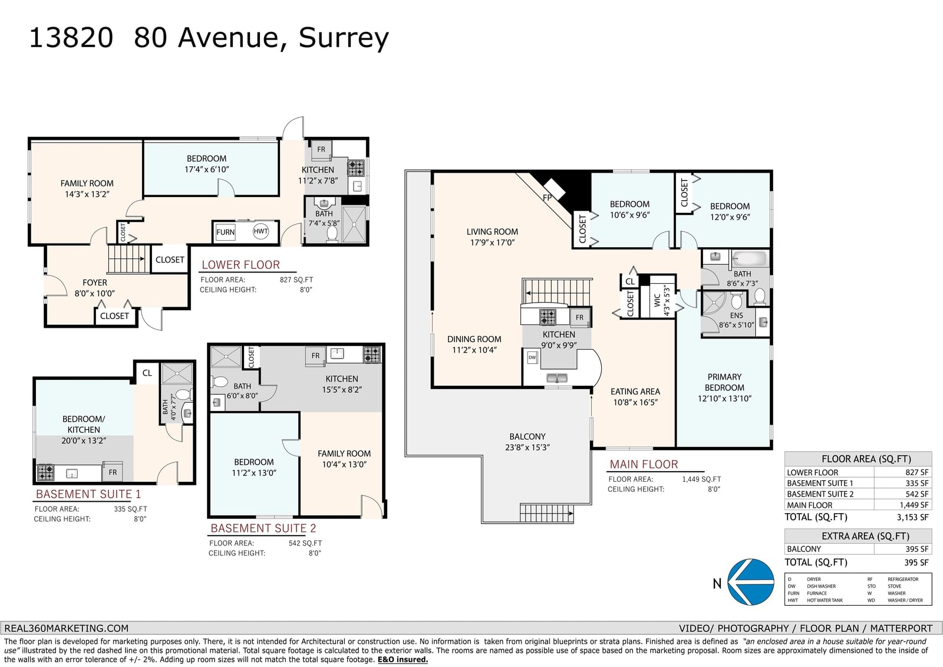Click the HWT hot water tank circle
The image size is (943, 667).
click(x=261, y=231)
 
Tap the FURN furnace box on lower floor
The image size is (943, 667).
click(x=226, y=232)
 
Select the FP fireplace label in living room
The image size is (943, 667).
click(x=548, y=197)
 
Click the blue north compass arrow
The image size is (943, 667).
click(x=751, y=582)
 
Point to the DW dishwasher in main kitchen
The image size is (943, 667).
click(x=532, y=357)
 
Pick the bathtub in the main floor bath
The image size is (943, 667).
click(x=751, y=258)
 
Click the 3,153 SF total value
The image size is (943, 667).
click(x=912, y=517)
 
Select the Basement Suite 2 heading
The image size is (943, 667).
click(x=263, y=528)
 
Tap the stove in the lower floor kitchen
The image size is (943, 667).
click(x=355, y=168)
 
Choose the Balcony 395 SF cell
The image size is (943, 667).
click(x=916, y=549)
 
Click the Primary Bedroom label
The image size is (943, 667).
click(x=724, y=382)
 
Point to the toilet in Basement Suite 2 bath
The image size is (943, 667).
click(x=219, y=382)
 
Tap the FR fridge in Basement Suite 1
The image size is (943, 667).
click(x=113, y=472)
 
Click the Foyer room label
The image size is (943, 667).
click(x=95, y=282)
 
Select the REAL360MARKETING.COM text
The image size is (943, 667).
click(x=66, y=628)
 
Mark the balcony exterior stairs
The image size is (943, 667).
click(x=546, y=513)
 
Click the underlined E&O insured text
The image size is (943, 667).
click(x=403, y=660)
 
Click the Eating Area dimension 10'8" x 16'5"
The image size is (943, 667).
click(x=635, y=402)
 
